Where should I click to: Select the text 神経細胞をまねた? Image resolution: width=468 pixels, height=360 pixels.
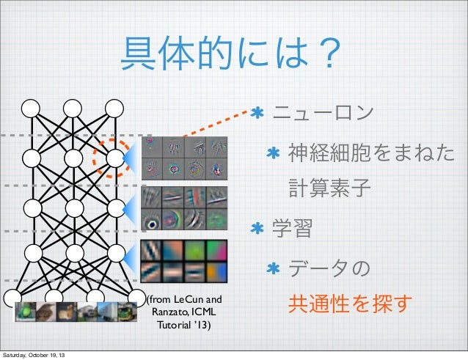(x=370, y=153)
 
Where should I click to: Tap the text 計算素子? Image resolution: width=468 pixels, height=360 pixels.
(x=329, y=190)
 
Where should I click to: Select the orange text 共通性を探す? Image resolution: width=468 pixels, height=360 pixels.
(x=350, y=303)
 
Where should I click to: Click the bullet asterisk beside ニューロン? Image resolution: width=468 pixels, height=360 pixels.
(x=257, y=114)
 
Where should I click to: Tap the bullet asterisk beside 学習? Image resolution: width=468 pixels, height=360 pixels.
(x=257, y=229)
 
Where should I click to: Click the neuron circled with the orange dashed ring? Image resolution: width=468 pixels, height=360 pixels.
(x=114, y=158)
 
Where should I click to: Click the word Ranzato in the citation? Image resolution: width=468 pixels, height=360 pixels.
(x=169, y=312)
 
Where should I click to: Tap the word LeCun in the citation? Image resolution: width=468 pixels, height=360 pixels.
(x=190, y=300)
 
